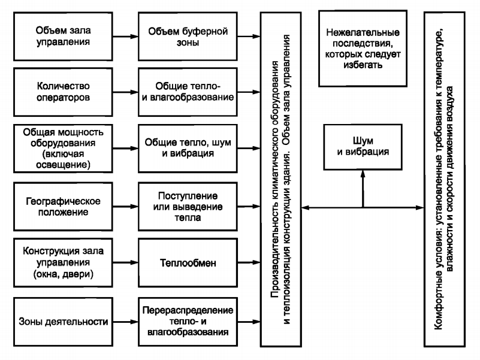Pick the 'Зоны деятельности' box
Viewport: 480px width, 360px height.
pyautogui.click(x=63, y=322)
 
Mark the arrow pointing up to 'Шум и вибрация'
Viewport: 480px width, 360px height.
pyautogui.click(x=363, y=188)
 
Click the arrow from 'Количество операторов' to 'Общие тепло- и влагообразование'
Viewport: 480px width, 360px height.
pyautogui.click(x=126, y=92)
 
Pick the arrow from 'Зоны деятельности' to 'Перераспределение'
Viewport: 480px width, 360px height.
pyautogui.click(x=126, y=322)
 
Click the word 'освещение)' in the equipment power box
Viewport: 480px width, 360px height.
pyautogui.click(x=63, y=164)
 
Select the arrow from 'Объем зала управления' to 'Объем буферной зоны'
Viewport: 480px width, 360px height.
pyautogui.click(x=126, y=37)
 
